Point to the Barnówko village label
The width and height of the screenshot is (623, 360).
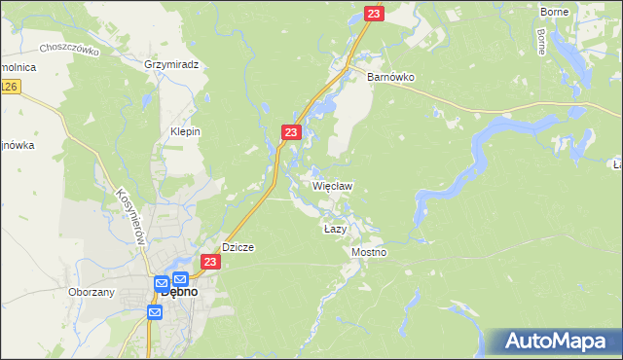(390, 77)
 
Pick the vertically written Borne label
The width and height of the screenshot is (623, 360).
(540, 40)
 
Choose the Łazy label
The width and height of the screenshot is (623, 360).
(335, 228)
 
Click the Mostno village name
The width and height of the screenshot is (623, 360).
(369, 252)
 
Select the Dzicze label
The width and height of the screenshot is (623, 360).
(238, 247)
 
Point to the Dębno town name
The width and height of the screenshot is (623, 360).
(181, 291)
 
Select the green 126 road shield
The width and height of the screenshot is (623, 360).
(9, 88)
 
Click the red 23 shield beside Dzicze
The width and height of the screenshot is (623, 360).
(210, 263)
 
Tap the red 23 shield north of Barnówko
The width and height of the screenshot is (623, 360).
(375, 14)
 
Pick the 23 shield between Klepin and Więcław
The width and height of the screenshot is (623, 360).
(291, 131)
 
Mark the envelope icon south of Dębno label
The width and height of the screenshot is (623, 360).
(155, 312)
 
